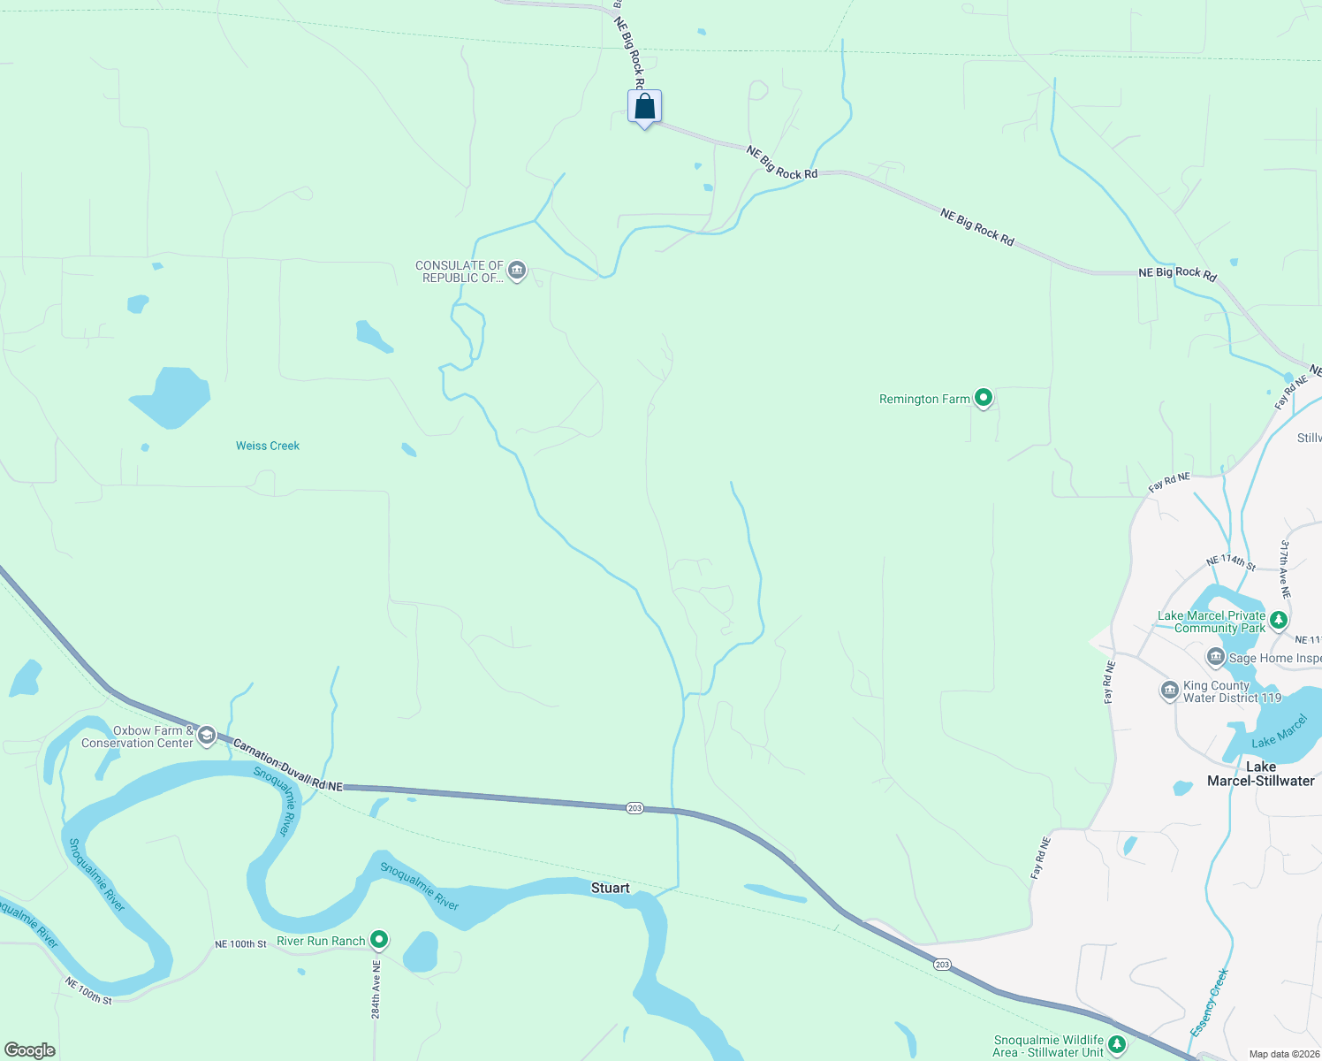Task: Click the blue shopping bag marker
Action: coord(645,108)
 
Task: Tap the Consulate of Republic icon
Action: coord(518,270)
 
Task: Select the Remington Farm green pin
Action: coord(983,398)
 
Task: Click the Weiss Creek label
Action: coord(268,446)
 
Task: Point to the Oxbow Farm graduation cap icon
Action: coord(207,736)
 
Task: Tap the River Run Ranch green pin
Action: coord(379,939)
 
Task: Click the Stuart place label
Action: coord(611,888)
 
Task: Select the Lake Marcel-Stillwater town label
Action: coord(1261,774)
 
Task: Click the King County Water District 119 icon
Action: coord(1169,691)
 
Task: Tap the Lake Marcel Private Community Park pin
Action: coord(1279,622)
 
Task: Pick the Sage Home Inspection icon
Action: coord(1216,657)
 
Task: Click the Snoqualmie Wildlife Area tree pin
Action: coord(1117,1045)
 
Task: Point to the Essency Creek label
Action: coord(1210,1003)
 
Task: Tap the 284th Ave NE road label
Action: coord(376,989)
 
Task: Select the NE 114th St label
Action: coord(1231,561)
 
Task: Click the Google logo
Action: coord(30,1050)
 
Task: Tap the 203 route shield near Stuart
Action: coord(634,808)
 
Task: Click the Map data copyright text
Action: coord(1284,1054)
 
